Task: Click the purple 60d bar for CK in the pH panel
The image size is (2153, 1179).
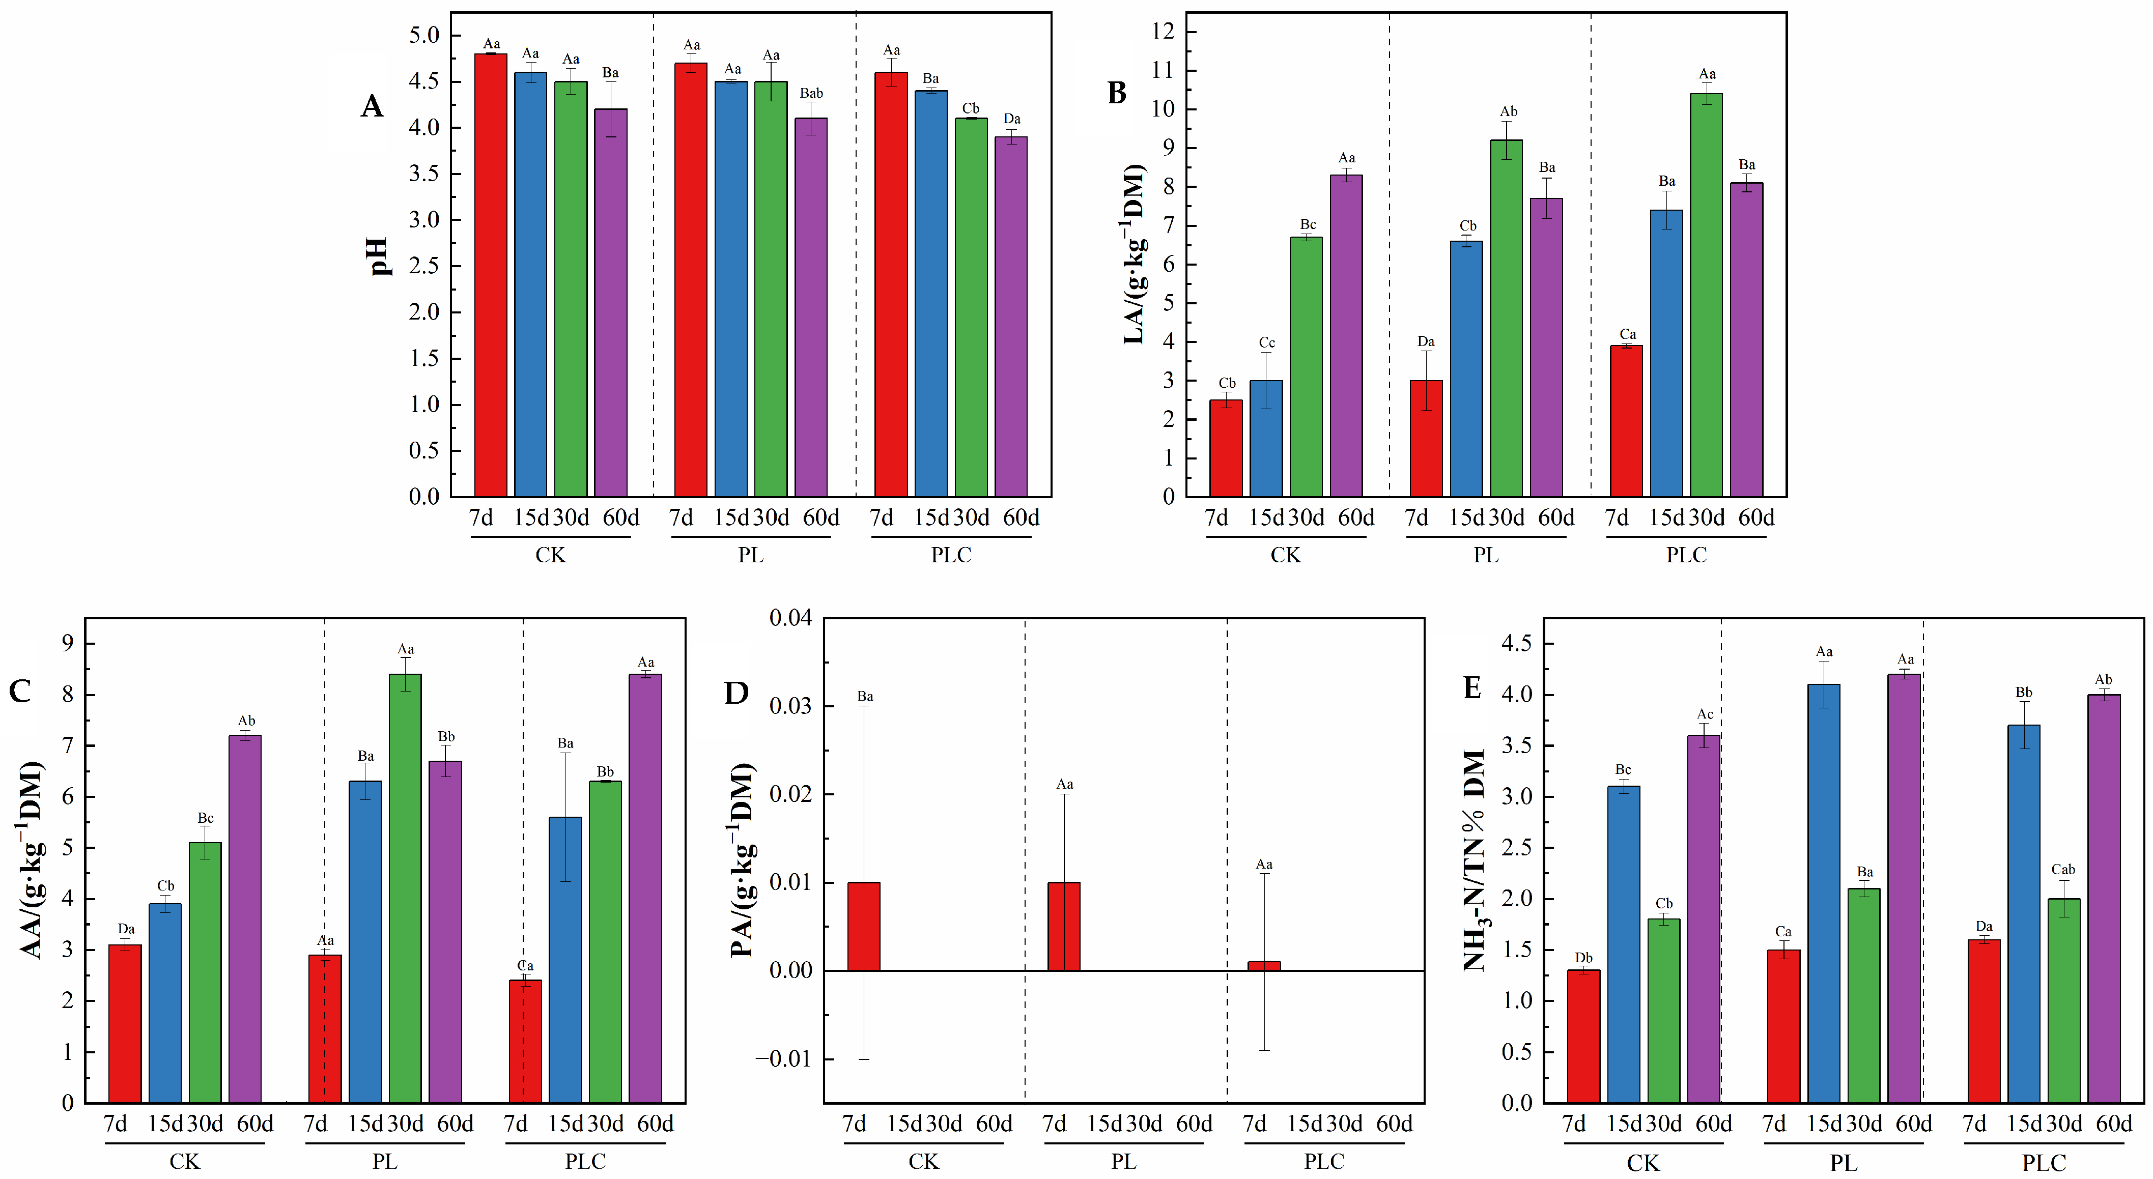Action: click(x=611, y=302)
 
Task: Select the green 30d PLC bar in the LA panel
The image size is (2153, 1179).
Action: click(x=1706, y=295)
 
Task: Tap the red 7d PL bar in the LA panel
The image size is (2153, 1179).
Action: click(x=1426, y=439)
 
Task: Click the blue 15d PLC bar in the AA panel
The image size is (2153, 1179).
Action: click(x=565, y=960)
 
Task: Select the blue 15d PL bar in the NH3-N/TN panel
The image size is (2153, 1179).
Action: click(x=1824, y=893)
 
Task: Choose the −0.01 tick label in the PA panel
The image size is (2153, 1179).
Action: click(x=783, y=1059)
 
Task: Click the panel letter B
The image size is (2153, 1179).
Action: click(x=1117, y=93)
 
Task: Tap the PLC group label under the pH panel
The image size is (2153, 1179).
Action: click(x=951, y=555)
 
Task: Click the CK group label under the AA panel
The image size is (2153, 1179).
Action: click(x=185, y=1162)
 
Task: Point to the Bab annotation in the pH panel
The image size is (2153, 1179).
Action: click(x=811, y=94)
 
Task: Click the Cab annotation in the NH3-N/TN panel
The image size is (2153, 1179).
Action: click(x=2063, y=870)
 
